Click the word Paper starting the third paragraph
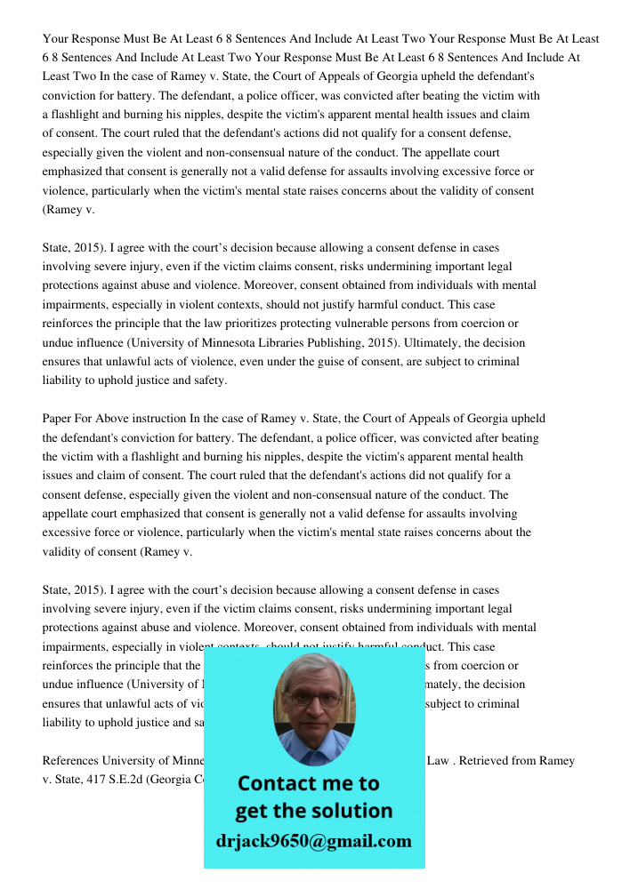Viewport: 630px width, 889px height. click(x=58, y=419)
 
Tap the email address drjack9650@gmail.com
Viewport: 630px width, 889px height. click(x=313, y=841)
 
